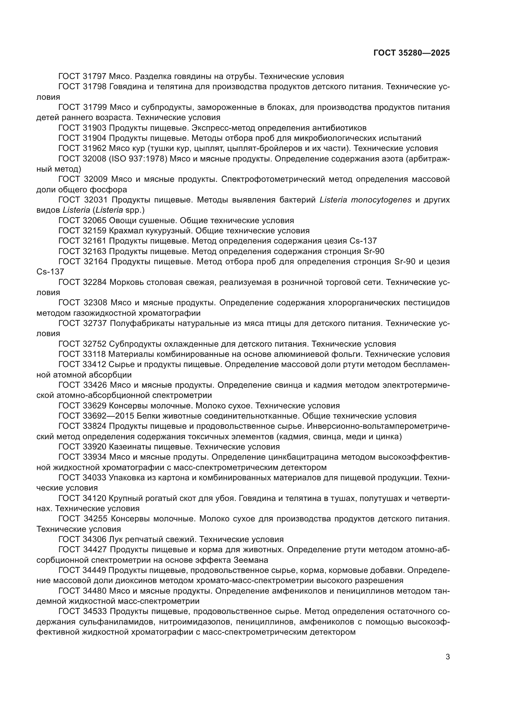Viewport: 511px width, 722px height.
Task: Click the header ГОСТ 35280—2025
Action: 412,53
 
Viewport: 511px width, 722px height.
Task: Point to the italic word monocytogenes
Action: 365,200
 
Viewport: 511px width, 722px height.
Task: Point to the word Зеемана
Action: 251,560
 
